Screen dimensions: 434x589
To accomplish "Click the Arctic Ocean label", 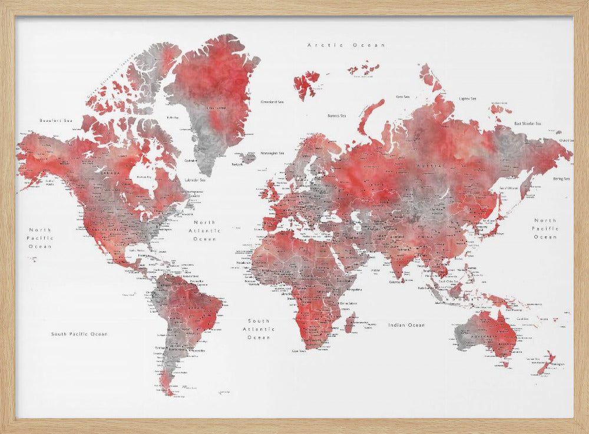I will coord(346,45).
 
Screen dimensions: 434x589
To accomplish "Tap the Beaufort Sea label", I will coord(55,120).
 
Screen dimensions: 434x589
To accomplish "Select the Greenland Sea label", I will coord(272,102).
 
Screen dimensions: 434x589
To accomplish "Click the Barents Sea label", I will coord(337,116).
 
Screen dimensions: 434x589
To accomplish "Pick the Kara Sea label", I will coord(403,96).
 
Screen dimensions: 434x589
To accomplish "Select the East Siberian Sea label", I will coord(528,124).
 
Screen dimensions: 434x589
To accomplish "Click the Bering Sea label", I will coord(560,178).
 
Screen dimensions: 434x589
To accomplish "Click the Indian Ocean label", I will coord(406,325).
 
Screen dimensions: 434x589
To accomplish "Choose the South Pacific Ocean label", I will coord(79,334).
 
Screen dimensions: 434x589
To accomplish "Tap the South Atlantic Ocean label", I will coord(259,329).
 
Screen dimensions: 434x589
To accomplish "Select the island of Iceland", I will coord(249,157).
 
